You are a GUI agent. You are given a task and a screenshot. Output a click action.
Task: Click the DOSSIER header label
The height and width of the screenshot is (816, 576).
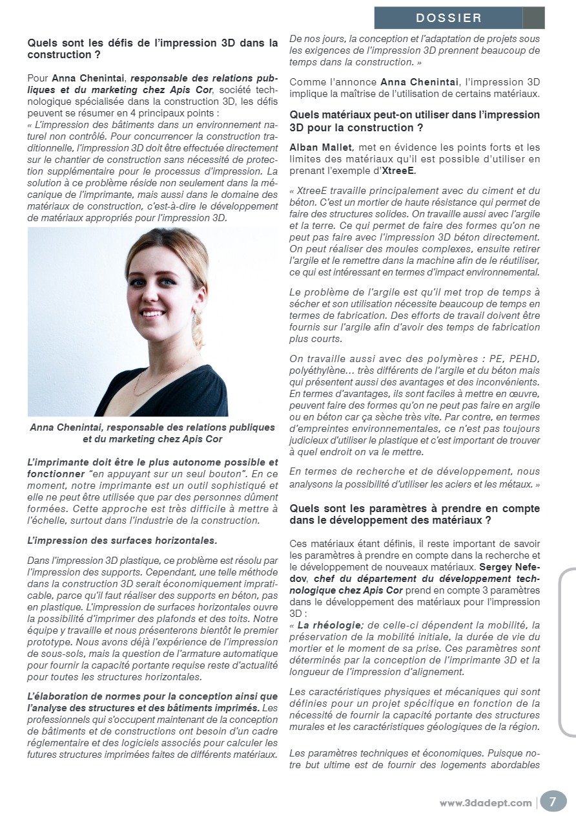[449, 18]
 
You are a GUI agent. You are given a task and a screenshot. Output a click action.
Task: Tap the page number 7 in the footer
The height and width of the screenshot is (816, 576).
[552, 801]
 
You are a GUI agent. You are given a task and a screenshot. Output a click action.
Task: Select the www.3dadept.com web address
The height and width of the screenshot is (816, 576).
[486, 803]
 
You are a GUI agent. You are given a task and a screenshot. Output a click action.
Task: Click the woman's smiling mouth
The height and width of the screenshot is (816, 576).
[153, 314]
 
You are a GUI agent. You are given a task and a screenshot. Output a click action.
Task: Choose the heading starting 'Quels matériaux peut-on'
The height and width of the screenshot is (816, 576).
[415, 120]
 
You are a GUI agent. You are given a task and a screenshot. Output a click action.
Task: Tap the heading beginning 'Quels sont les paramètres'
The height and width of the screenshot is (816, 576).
[415, 514]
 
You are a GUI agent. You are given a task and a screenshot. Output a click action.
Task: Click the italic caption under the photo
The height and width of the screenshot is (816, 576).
[152, 433]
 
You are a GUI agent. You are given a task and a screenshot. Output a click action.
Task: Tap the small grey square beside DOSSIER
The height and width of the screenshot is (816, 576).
[533, 18]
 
